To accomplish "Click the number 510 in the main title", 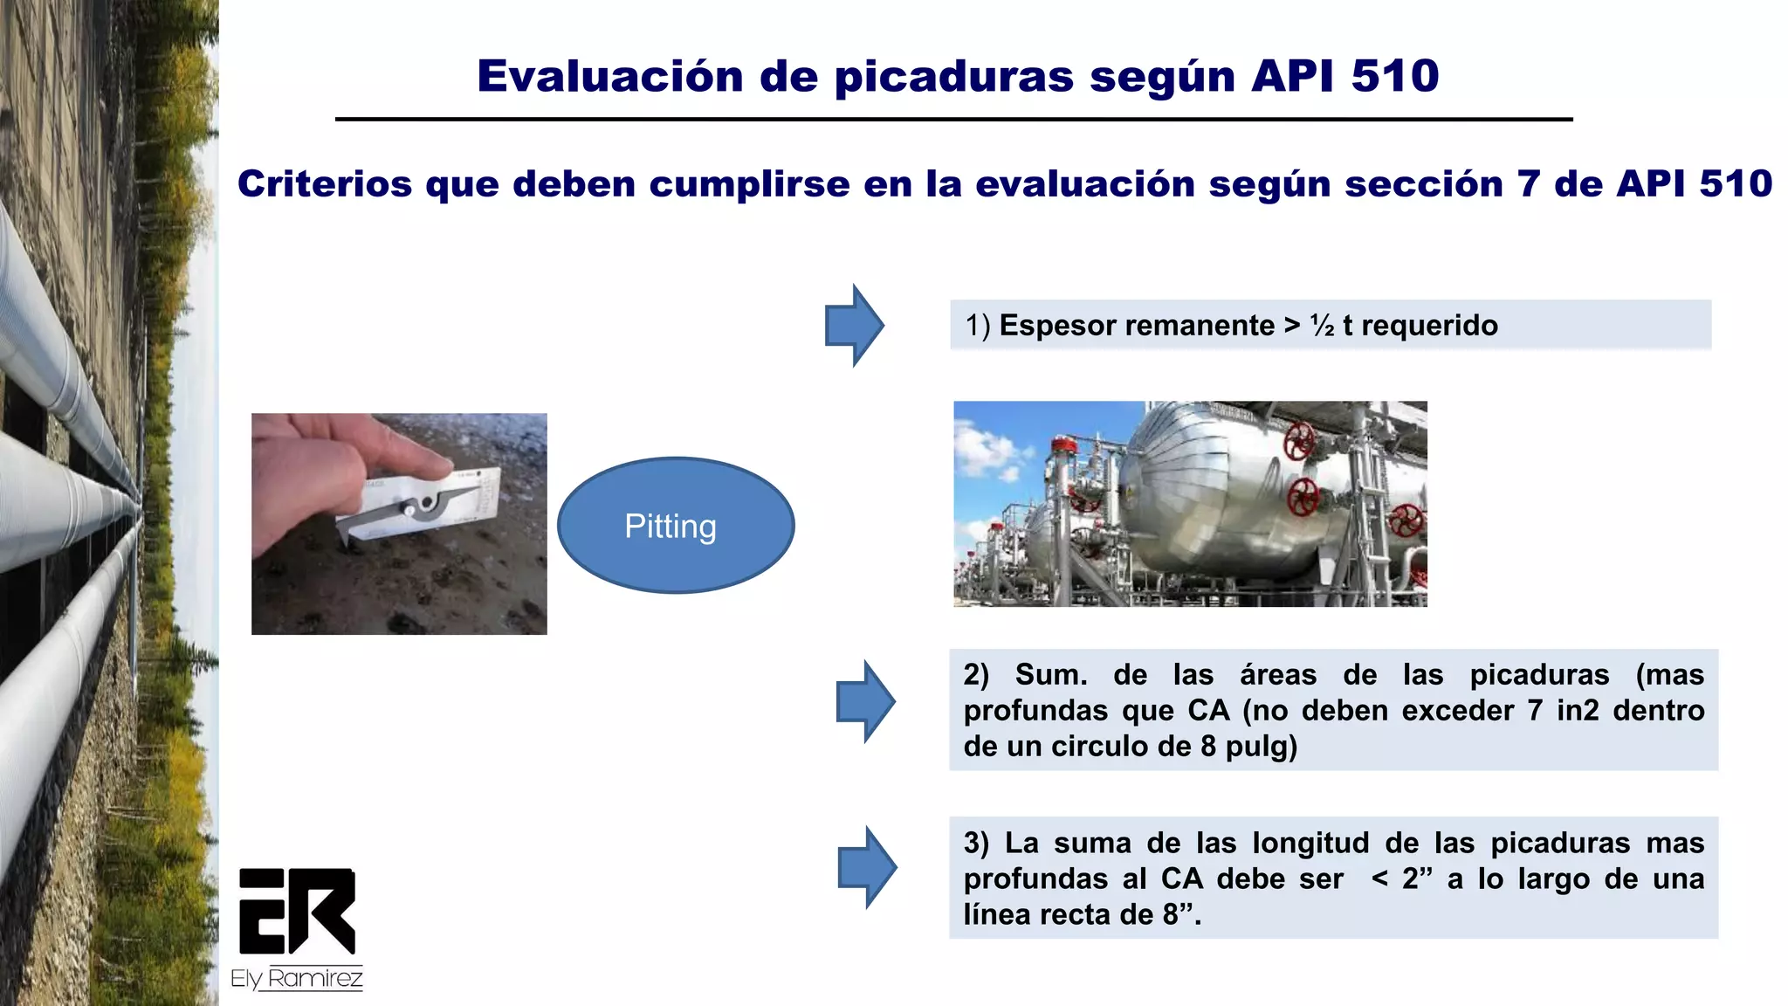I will tap(1394, 76).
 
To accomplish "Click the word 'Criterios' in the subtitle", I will tap(325, 184).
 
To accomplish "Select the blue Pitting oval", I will tap(675, 526).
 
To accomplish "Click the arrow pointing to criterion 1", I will tap(854, 326).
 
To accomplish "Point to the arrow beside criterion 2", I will tap(865, 701).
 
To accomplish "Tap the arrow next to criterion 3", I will tap(867, 867).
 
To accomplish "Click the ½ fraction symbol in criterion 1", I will tap(1322, 326).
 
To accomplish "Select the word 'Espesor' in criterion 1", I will tap(1049, 326).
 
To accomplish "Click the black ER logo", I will tap(297, 911).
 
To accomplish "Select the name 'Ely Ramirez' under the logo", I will tap(297, 979).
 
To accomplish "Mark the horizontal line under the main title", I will tap(953, 119).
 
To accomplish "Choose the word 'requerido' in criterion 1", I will tap(1429, 326).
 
